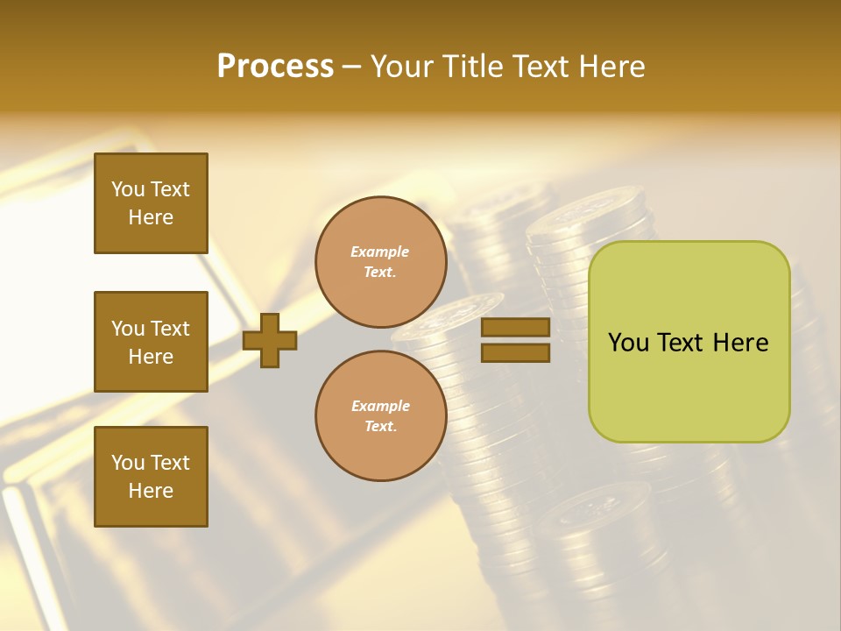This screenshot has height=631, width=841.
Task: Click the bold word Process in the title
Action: point(275,67)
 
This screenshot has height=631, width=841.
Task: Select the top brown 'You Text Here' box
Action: point(151,203)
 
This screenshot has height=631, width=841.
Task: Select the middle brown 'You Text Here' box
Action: point(151,342)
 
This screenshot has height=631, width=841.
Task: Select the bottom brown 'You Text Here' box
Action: point(151,476)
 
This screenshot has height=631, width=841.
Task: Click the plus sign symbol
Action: point(270,340)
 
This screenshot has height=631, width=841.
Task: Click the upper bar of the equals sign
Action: point(515,328)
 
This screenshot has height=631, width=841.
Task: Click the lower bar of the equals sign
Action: point(515,352)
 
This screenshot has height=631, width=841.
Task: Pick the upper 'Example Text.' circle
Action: point(380,262)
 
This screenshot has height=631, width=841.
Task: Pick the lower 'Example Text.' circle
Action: point(380,415)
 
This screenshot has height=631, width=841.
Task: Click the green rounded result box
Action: point(689,342)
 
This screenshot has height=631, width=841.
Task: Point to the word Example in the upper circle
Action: point(379,252)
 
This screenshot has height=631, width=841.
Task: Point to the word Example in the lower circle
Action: point(379,406)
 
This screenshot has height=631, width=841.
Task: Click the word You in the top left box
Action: point(128,189)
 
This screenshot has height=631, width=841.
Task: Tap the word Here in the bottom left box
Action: point(151,491)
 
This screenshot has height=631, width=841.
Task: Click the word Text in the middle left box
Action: point(170,329)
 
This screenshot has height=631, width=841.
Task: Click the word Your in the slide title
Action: point(403,67)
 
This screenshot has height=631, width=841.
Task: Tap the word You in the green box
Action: point(628,343)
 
